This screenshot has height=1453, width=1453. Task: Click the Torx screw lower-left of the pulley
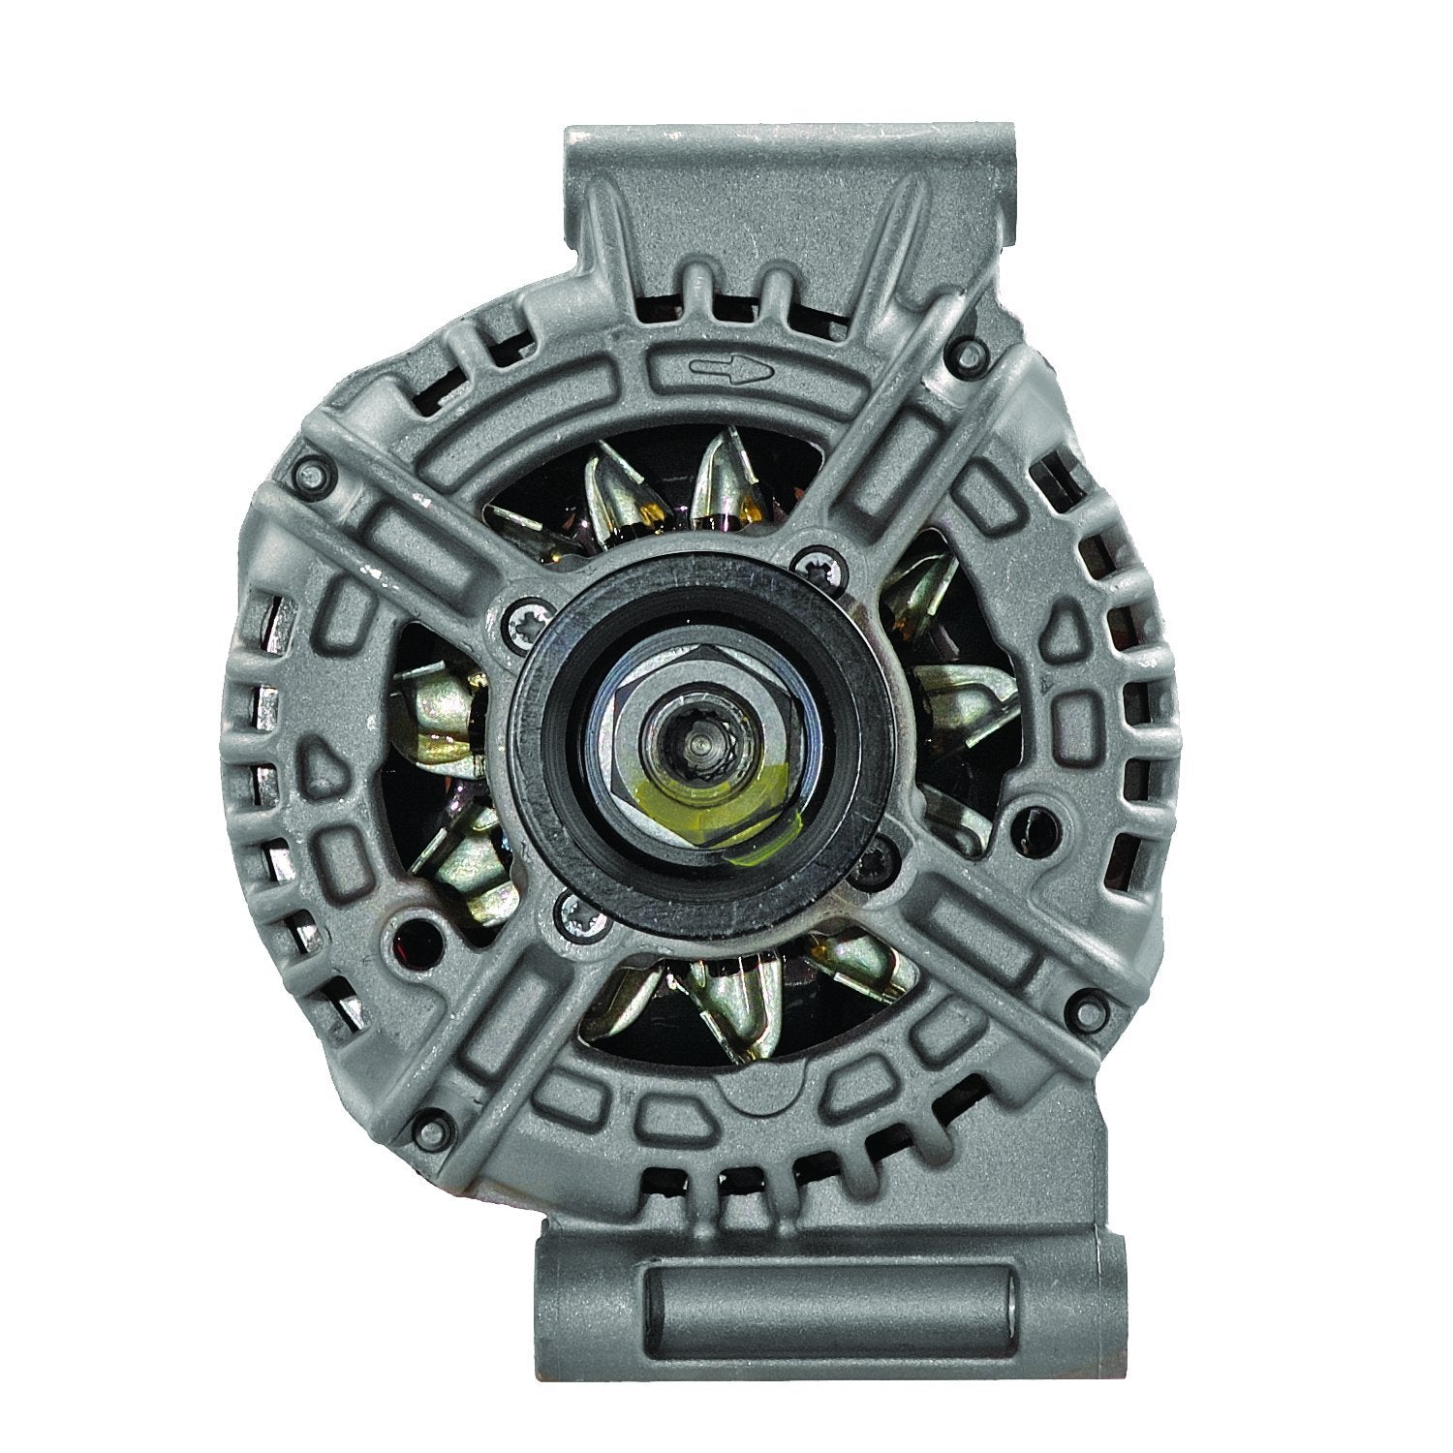(571, 909)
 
